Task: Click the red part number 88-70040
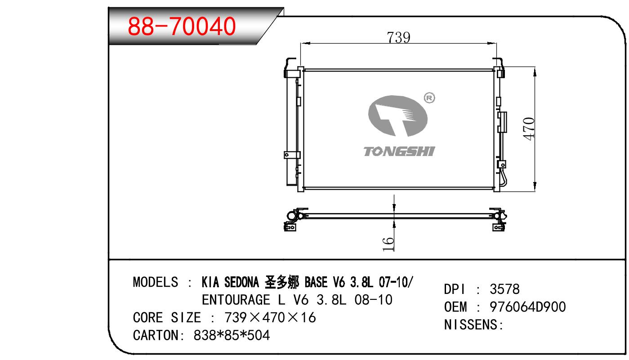click(x=182, y=27)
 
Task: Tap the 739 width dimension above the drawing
click(x=398, y=37)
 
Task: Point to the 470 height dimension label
click(x=529, y=129)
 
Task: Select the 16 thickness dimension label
click(x=388, y=244)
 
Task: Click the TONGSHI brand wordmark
click(x=399, y=151)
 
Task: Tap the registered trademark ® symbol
click(x=429, y=98)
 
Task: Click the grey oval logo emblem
click(x=398, y=116)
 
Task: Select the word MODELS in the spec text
click(x=155, y=282)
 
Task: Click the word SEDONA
click(x=241, y=282)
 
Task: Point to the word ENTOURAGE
click(x=236, y=300)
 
